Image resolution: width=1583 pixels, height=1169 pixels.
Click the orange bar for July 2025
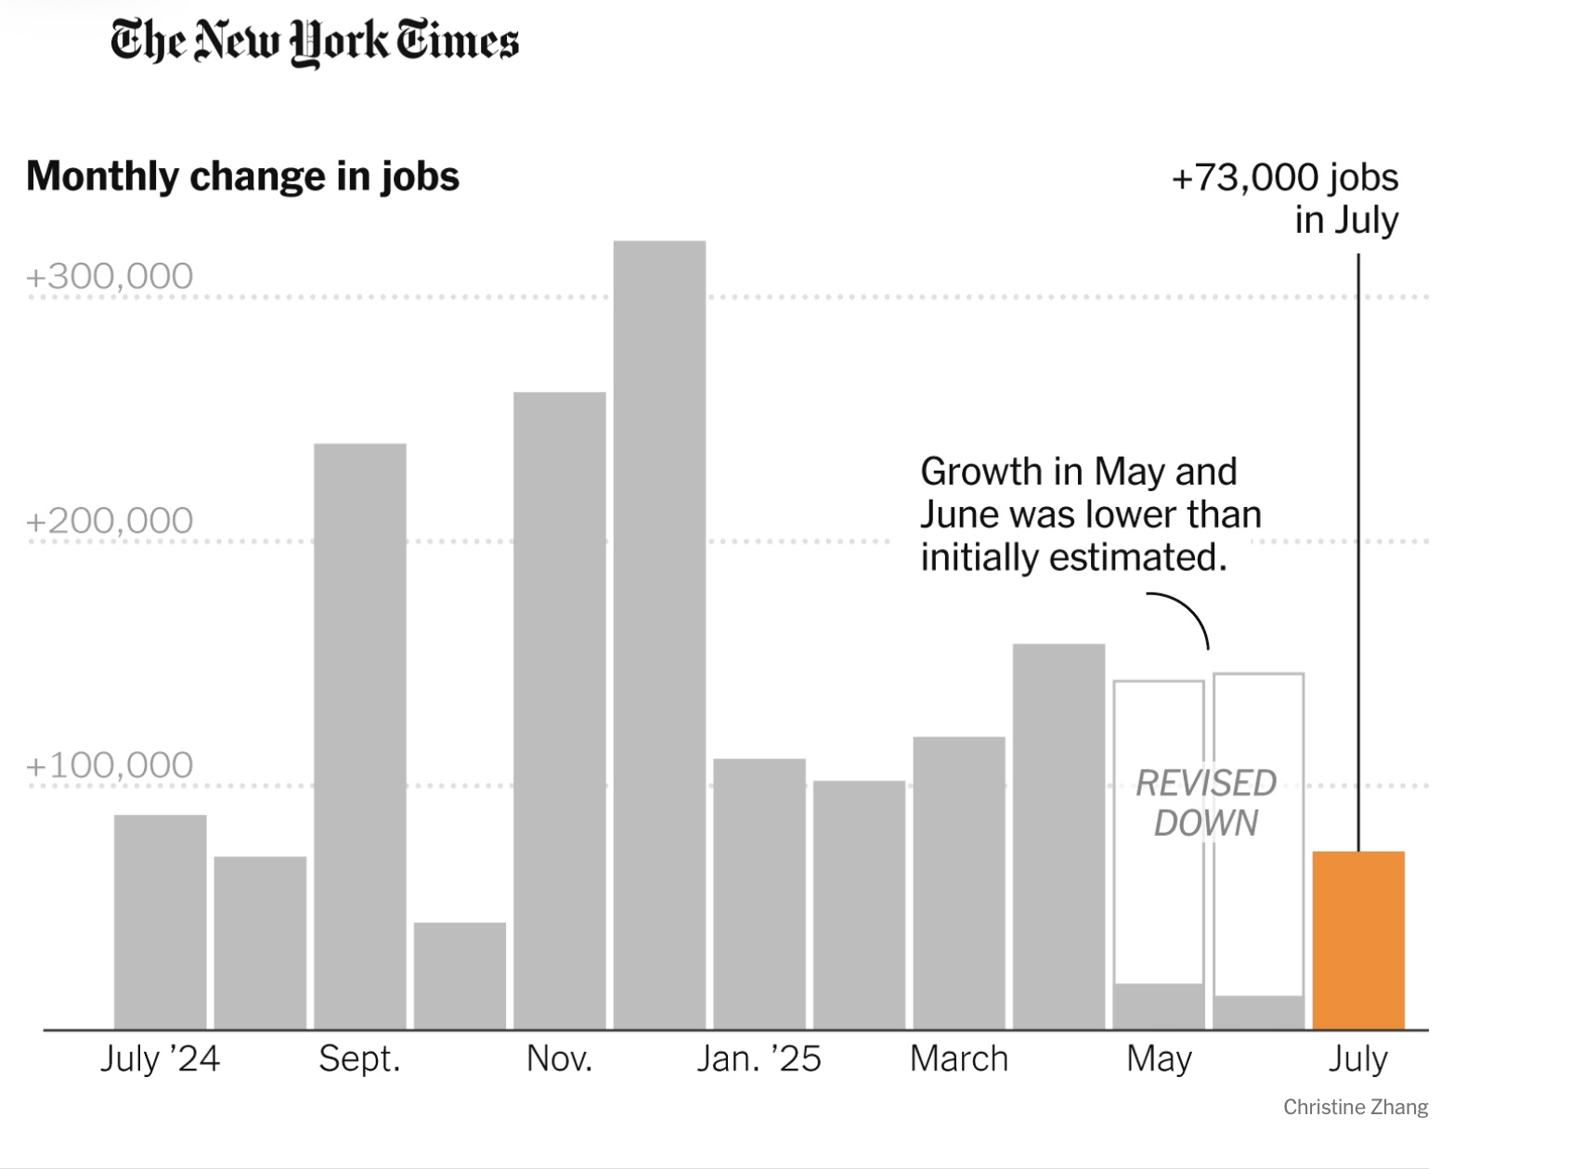coord(1357,940)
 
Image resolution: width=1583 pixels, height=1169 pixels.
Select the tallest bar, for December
coord(659,635)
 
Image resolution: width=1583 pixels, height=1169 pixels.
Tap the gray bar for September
coord(359,736)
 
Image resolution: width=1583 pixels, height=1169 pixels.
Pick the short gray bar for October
coord(460,976)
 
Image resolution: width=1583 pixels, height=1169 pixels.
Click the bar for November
coord(559,710)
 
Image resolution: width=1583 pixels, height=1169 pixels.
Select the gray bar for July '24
coord(160,922)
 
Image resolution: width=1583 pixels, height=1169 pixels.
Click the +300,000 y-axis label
coord(110,277)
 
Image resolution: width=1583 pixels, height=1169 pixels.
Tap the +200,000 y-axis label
coord(110,521)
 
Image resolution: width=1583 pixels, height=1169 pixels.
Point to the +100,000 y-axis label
coord(110,765)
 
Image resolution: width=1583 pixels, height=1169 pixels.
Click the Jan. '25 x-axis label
coord(759,1059)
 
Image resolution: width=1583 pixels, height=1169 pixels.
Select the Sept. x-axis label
coord(359,1059)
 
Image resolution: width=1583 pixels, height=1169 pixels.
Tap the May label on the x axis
coord(1159,1059)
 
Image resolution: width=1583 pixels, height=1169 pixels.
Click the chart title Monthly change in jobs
coord(242,176)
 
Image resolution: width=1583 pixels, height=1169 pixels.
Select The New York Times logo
coord(314,42)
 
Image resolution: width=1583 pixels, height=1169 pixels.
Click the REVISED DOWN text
coord(1206,803)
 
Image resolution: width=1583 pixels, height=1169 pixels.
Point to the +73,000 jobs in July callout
coord(1285,198)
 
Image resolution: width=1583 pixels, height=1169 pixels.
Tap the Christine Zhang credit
coord(1355,1107)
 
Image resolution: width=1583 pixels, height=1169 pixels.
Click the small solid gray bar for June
coord(1258,1013)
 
